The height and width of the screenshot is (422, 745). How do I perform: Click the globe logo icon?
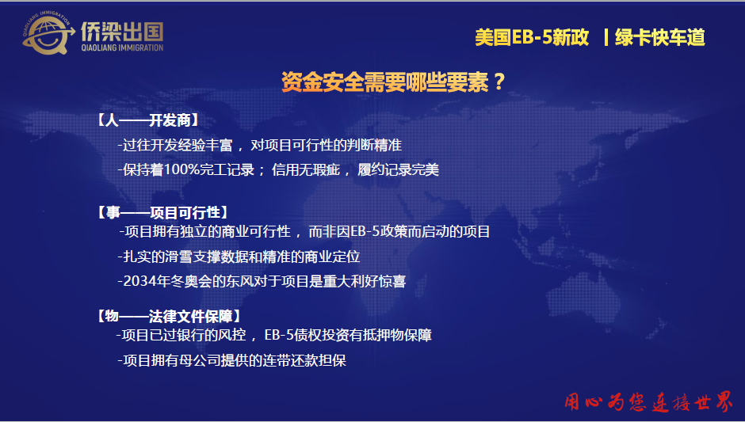(48, 33)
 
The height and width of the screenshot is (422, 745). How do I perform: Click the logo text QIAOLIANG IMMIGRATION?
(122, 48)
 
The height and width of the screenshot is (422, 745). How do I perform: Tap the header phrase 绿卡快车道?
(660, 37)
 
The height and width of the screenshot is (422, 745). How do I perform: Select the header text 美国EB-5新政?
(532, 37)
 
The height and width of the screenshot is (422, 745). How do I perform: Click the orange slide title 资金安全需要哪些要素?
(385, 82)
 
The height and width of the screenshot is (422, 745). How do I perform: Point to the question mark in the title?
(499, 82)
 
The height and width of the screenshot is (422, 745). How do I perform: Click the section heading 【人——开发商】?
(147, 120)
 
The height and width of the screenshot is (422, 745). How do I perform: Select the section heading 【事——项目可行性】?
(163, 212)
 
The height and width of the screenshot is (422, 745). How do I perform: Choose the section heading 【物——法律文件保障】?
(169, 316)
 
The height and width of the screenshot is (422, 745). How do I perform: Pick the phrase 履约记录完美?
(398, 170)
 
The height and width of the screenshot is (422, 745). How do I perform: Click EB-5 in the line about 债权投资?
(279, 335)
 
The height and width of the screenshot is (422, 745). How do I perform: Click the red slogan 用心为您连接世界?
(649, 402)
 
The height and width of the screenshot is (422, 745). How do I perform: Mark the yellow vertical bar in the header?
(606, 37)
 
